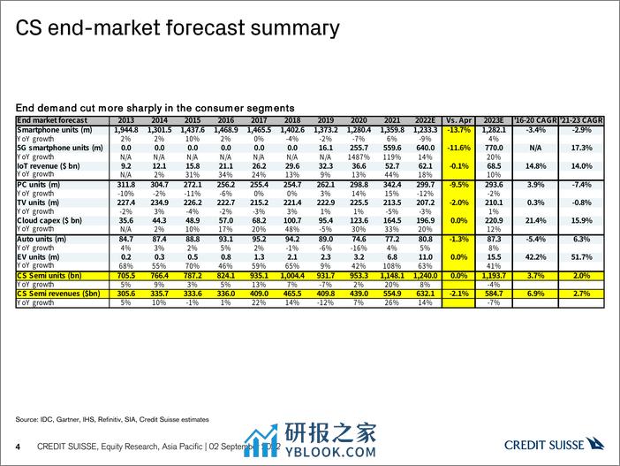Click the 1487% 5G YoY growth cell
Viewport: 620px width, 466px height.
click(363, 156)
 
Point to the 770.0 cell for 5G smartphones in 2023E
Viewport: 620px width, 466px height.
click(495, 147)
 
